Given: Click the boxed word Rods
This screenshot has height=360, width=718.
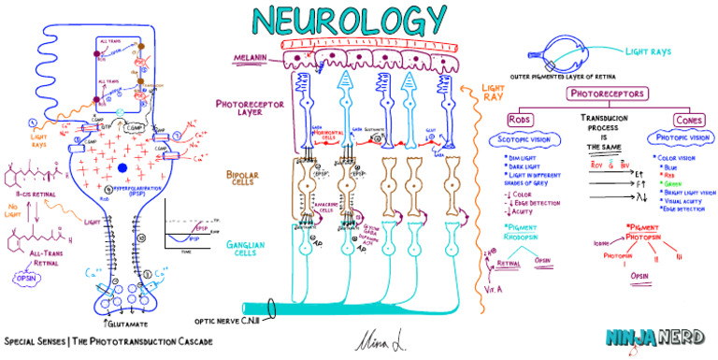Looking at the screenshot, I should (x=521, y=120).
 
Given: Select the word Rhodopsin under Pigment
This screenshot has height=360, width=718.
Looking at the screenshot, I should (x=524, y=238).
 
